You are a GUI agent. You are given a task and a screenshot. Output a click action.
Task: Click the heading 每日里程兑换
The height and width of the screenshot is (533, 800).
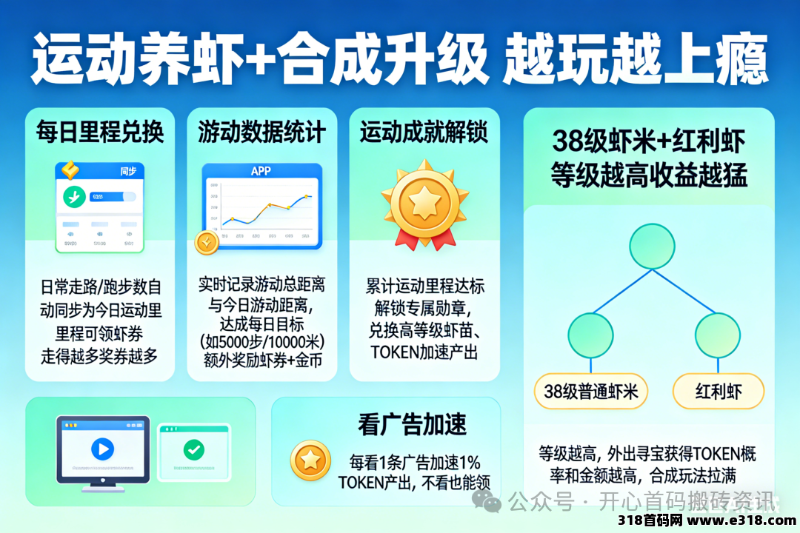coord(100,133)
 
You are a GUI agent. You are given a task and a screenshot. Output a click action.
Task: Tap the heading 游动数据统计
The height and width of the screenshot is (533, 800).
coord(261,133)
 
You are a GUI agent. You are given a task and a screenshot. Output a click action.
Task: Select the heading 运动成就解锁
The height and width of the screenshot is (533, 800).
coord(424,133)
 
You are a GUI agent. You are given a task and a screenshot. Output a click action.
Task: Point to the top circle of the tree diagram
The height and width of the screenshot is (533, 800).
coord(651,247)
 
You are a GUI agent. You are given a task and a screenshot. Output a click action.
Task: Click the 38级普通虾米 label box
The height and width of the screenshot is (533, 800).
coord(590,391)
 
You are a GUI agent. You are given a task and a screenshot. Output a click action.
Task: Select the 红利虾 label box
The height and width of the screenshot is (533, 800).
coord(718,391)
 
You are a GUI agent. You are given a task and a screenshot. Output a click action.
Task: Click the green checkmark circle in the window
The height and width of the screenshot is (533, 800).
coord(194,449)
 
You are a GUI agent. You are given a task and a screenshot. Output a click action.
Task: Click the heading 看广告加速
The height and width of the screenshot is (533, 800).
coord(413,424)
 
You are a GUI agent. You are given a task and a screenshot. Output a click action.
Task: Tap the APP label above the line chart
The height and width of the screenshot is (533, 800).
coord(261,171)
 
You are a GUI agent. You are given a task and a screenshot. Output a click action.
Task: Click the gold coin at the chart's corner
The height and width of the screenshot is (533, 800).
coord(206,242)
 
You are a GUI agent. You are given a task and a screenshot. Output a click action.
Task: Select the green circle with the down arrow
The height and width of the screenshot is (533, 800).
coord(74,197)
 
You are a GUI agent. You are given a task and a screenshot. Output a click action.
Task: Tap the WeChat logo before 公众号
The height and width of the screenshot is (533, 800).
coord(491,503)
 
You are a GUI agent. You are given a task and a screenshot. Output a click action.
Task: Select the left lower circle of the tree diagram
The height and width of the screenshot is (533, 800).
coord(590,335)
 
